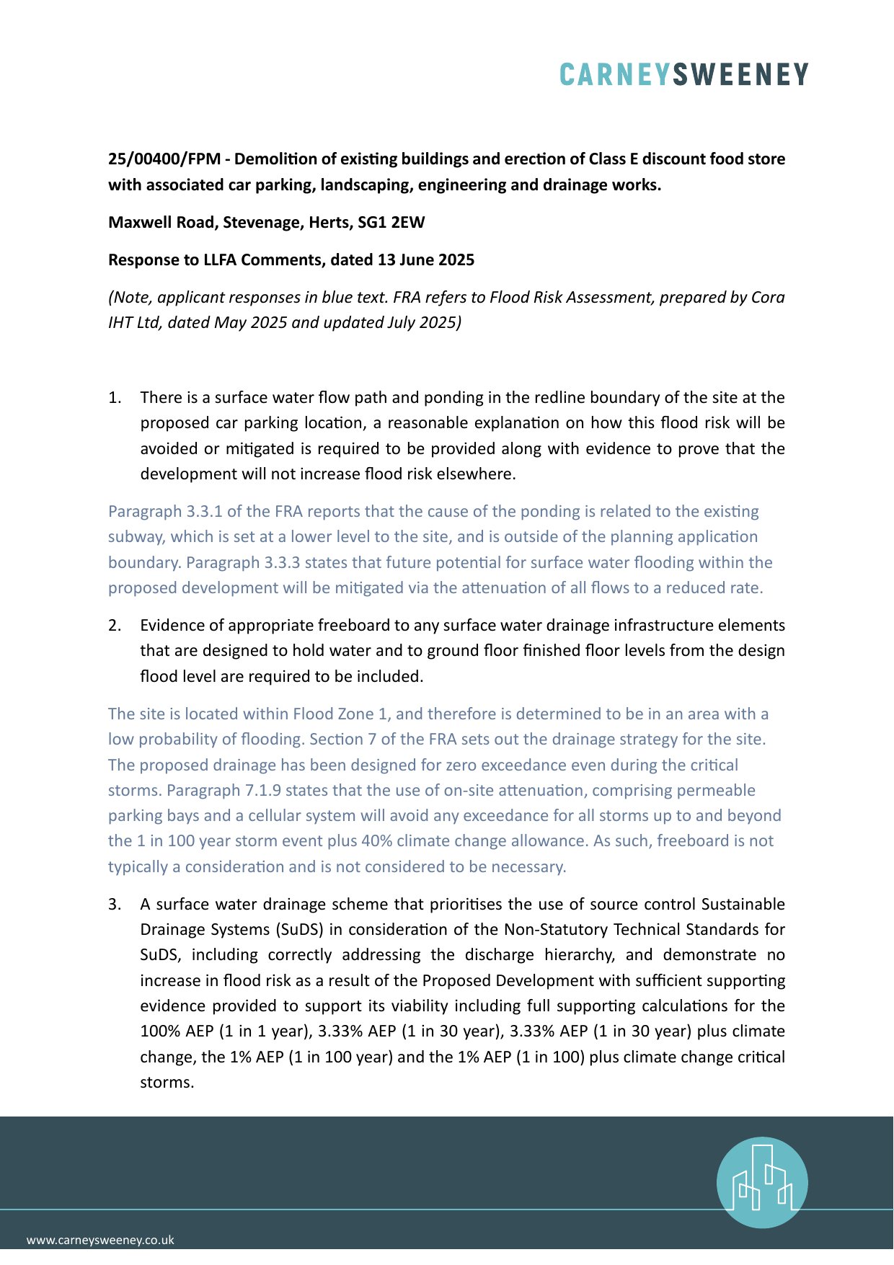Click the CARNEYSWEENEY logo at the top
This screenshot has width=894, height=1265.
pyautogui.click(x=683, y=74)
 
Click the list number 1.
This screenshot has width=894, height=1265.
pyautogui.click(x=115, y=398)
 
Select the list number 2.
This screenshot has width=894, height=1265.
pyautogui.click(x=115, y=626)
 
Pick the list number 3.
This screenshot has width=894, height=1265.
pyautogui.click(x=115, y=905)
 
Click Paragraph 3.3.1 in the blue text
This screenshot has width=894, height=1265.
pyautogui.click(x=165, y=512)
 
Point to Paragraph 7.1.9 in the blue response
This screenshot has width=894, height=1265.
pyautogui.click(x=223, y=791)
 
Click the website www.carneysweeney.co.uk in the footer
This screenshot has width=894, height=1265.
pyautogui.click(x=100, y=1240)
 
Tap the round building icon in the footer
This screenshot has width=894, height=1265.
pyautogui.click(x=762, y=1182)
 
